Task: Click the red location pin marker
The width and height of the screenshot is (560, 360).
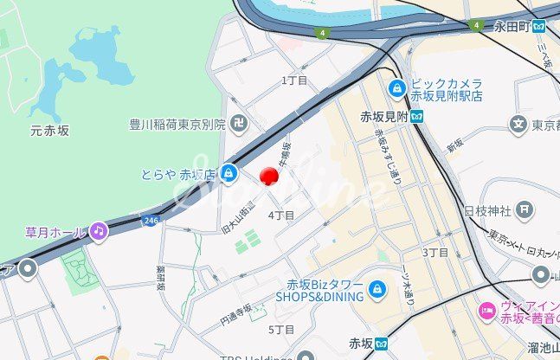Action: (269, 176)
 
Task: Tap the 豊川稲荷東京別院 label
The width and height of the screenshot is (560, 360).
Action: (177, 125)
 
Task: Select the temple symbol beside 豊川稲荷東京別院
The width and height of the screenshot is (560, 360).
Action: (238, 125)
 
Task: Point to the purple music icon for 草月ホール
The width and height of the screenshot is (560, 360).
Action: (99, 231)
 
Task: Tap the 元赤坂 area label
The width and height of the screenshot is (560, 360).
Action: (49, 131)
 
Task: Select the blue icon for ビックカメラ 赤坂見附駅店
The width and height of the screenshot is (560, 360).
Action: (397, 87)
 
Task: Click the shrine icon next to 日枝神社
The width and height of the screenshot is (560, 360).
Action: (525, 210)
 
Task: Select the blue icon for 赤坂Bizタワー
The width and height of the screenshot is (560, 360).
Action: (377, 289)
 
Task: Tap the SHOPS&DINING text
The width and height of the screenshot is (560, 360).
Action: (319, 296)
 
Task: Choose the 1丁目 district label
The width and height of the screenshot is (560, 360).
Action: (294, 80)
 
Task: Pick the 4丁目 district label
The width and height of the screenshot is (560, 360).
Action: (281, 215)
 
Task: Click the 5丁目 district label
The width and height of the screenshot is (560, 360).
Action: (281, 330)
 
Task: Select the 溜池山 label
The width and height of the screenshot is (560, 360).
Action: (543, 347)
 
